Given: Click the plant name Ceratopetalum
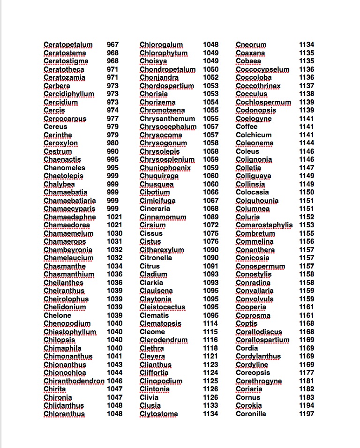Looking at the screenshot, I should (68, 45).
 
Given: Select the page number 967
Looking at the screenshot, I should (112, 45).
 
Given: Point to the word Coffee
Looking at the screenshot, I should (247, 127).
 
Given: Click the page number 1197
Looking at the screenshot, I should (307, 414).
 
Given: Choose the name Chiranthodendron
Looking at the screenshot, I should (74, 381).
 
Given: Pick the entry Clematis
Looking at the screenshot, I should (154, 315).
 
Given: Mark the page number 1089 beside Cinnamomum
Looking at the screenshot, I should (210, 217).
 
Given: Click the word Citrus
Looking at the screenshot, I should (150, 266).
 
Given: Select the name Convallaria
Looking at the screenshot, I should (255, 291).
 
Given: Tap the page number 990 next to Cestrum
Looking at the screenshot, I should (112, 151).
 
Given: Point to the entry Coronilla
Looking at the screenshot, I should (251, 414).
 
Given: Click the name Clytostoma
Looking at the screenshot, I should (158, 414).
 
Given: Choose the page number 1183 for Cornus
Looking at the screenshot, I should (307, 397).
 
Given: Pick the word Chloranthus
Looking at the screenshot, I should (64, 414).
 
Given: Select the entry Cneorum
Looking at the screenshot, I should (251, 45).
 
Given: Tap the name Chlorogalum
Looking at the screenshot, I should (161, 45).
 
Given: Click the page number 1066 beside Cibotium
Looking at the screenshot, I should (210, 192).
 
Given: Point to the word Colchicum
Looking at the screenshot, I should (254, 135).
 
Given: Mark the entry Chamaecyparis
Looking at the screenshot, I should (69, 209).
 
